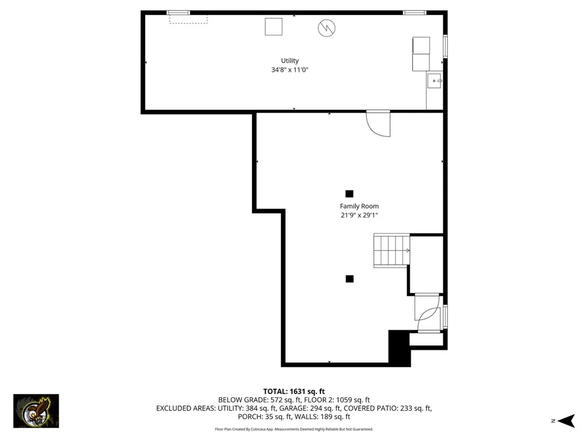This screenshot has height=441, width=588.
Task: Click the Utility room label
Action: pyautogui.click(x=289, y=61)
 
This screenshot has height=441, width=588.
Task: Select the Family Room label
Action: pyautogui.click(x=359, y=206)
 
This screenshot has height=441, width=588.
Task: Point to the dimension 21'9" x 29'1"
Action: pyautogui.click(x=359, y=215)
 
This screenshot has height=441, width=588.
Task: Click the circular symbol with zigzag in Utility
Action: pyautogui.click(x=327, y=27)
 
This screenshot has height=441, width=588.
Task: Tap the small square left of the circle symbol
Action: pyautogui.click(x=273, y=26)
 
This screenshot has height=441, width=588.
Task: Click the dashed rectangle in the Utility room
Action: pyautogui.click(x=188, y=20)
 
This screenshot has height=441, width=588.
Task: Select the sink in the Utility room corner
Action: pyautogui.click(x=435, y=82)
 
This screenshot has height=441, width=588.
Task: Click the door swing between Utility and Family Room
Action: pyautogui.click(x=379, y=123)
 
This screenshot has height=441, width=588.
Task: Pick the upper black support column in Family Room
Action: pyautogui.click(x=349, y=194)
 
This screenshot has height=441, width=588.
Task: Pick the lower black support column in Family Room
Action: pyautogui.click(x=349, y=278)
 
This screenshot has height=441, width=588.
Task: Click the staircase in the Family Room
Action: pyautogui.click(x=392, y=250)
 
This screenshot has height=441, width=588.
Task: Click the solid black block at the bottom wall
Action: pyautogui.click(x=400, y=347)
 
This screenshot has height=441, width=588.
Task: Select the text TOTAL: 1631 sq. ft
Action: pyautogui.click(x=294, y=392)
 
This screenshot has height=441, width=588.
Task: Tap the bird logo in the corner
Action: pyautogui.click(x=36, y=411)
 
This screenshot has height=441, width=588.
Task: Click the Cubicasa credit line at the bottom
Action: pyautogui.click(x=294, y=429)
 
